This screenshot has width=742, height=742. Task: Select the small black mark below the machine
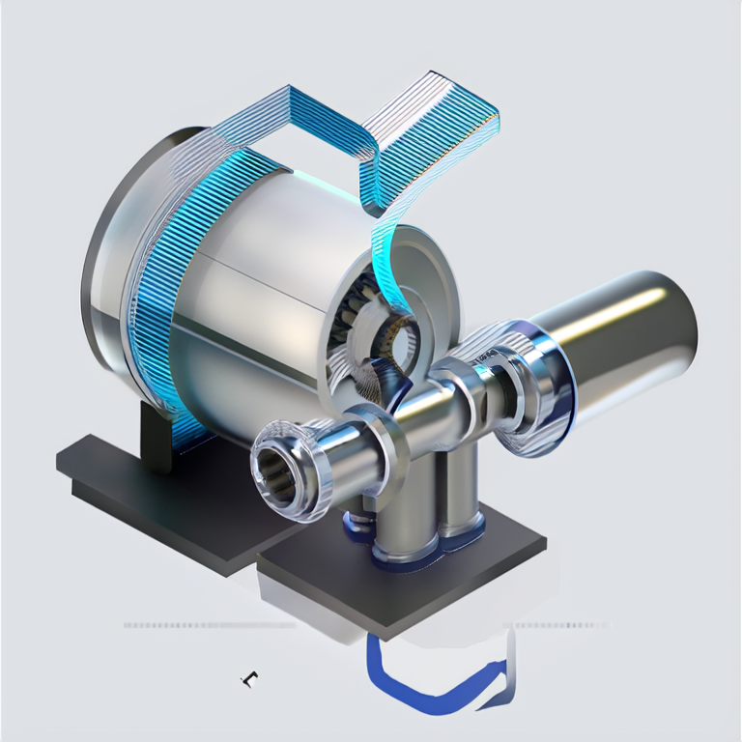(249, 679)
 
